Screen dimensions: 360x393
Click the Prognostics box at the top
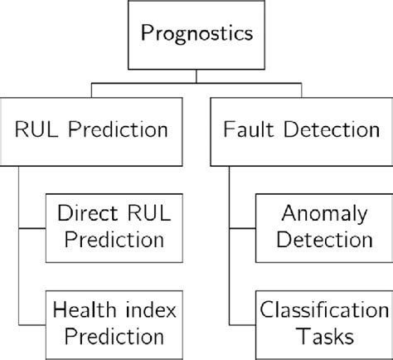pyautogui.click(x=196, y=36)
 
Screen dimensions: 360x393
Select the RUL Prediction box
pyautogui.click(x=93, y=129)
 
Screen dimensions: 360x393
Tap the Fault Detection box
pyautogui.click(x=299, y=129)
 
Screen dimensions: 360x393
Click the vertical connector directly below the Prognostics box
pyautogui.click(x=196, y=77)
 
